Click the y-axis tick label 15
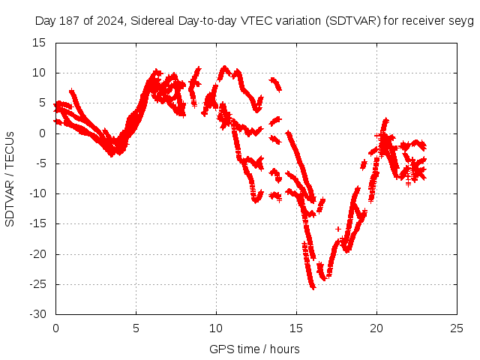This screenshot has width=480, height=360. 38,43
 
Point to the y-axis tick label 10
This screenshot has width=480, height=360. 38,73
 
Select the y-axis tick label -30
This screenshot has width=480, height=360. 36,313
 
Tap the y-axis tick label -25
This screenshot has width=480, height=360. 36,283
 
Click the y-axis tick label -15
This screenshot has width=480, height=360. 36,223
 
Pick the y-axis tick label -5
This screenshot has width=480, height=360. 39,163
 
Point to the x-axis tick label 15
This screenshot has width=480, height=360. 296,328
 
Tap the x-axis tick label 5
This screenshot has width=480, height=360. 136,328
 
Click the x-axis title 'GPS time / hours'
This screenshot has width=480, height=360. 255,349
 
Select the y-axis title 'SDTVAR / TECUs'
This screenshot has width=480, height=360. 10,178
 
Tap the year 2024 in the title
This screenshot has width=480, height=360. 109,21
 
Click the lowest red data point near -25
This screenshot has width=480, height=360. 313,287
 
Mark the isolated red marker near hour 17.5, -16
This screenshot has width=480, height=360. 338,229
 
